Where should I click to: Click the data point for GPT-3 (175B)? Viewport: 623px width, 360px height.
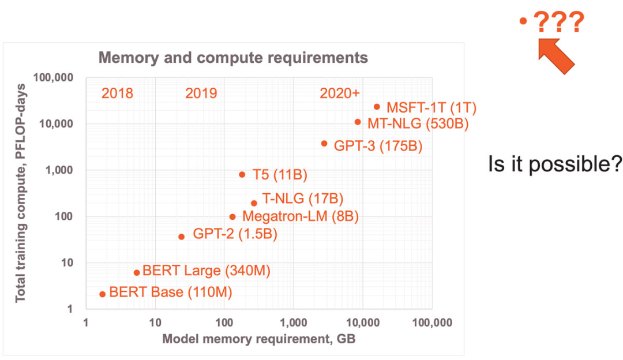324,144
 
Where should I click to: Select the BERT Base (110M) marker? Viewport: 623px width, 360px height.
103,294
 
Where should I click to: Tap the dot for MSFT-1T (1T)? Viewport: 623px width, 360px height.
377,107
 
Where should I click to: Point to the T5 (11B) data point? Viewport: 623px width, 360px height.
242,175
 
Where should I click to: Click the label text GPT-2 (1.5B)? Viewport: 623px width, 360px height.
235,234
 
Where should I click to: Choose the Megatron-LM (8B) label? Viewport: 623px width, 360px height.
301,217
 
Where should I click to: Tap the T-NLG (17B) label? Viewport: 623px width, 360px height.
303,200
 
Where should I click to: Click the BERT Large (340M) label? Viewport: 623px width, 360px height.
207,270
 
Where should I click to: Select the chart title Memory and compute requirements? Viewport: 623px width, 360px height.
233,58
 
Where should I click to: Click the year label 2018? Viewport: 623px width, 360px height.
117,93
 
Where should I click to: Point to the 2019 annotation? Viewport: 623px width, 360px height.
201,93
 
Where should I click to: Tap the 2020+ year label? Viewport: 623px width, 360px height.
339,93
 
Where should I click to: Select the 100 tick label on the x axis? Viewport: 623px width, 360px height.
224,322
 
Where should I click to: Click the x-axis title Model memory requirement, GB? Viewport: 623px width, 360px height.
258,339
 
